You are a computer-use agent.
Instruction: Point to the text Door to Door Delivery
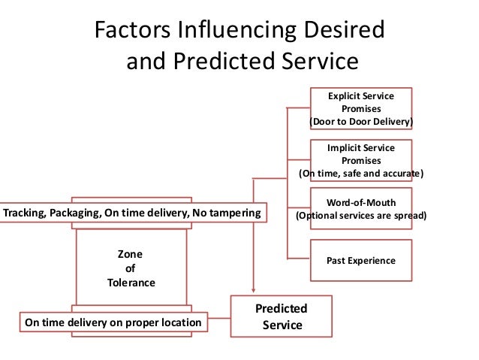pyautogui.click(x=361, y=121)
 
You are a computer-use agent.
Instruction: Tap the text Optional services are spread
pyautogui.click(x=361, y=216)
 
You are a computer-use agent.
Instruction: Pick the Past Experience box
pyautogui.click(x=361, y=260)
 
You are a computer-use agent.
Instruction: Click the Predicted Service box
pyautogui.click(x=282, y=316)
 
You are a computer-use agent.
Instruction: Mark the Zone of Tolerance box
pyautogui.click(x=131, y=268)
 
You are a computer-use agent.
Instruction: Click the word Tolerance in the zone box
pyautogui.click(x=131, y=283)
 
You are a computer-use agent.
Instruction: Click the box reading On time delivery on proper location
pyautogui.click(x=113, y=322)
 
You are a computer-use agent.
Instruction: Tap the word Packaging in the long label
pyautogui.click(x=77, y=213)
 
